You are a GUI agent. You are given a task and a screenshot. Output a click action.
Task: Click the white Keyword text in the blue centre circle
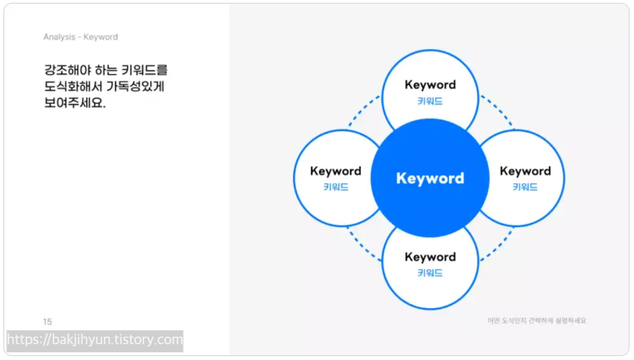[x=430, y=178]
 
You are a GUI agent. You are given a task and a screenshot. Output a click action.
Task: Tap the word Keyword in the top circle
[x=430, y=85]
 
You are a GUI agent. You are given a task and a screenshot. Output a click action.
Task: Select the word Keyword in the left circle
[x=335, y=171]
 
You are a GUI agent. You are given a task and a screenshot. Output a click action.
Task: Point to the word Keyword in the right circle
[x=525, y=171]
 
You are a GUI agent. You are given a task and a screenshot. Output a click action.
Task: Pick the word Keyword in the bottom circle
[x=430, y=257]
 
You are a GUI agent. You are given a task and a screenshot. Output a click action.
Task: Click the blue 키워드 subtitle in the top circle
[x=430, y=101]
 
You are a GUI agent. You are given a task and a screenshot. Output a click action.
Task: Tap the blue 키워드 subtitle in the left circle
[x=335, y=188]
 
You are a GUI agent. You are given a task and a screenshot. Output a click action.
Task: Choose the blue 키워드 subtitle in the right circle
[x=525, y=188]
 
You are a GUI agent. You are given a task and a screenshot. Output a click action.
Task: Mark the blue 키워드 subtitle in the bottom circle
[x=430, y=273]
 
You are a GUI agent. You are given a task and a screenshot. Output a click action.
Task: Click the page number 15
[x=47, y=322]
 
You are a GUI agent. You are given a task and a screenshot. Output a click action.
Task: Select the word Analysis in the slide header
[x=59, y=37]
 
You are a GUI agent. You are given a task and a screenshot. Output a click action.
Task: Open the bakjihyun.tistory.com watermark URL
[x=95, y=340]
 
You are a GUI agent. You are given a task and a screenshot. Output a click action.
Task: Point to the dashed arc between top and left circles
[x=362, y=111]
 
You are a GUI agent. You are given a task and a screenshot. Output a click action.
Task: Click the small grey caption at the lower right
[x=537, y=321]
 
